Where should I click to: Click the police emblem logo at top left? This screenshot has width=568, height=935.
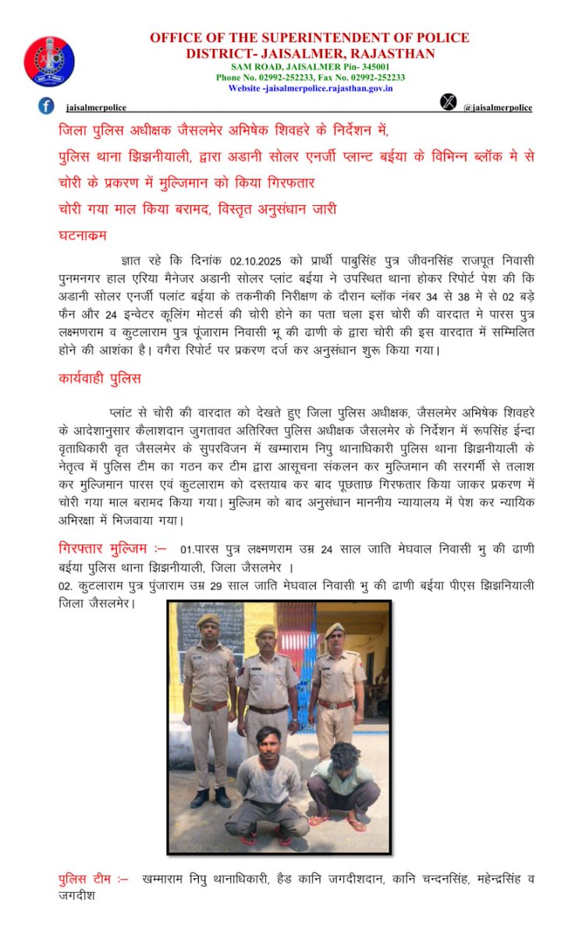coord(49,61)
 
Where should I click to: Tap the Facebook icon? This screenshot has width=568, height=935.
coord(47,106)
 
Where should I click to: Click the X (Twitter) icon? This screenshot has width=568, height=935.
coord(447,101)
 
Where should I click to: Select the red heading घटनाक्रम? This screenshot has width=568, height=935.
coord(82,235)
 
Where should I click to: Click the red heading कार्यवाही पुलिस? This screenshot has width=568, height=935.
coord(99,379)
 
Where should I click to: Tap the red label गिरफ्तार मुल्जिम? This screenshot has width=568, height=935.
coord(111,548)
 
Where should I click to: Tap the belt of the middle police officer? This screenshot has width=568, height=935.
coord(268,710)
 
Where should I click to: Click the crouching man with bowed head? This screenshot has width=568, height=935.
coord(344,780)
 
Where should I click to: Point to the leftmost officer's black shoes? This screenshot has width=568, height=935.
coord(211,798)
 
